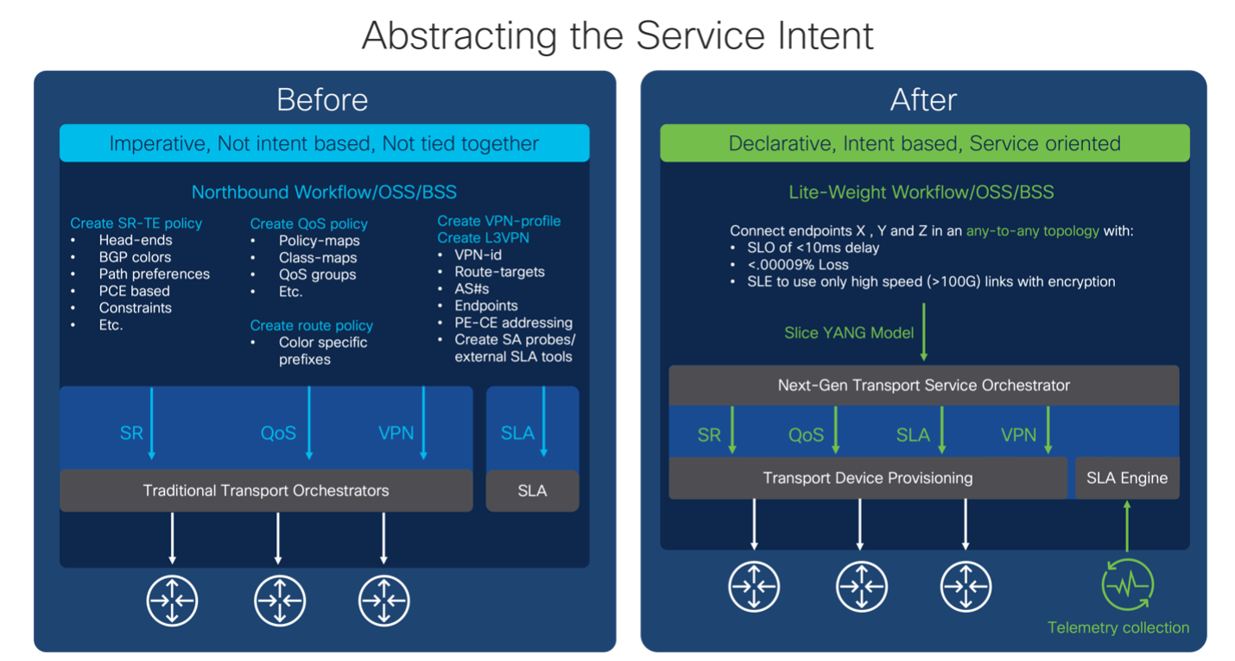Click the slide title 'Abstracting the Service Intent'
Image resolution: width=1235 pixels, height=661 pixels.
coord(617,36)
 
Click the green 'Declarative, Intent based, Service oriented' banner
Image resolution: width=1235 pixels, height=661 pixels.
coord(924,143)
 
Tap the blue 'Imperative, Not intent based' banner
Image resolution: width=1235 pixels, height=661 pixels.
coord(324,143)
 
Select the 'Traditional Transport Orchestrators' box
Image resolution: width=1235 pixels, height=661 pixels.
coord(266,490)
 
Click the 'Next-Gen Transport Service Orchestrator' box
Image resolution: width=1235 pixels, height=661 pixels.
coord(923,385)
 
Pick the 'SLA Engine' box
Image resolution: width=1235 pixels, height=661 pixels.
coord(1127,478)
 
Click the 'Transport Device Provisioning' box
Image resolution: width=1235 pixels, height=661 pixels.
coord(867,478)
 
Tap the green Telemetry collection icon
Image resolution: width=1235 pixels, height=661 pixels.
coord(1127,585)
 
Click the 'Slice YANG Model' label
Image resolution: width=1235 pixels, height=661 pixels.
coord(848,332)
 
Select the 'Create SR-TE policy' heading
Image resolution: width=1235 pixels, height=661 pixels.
coord(136,223)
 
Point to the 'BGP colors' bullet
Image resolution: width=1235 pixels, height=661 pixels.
coord(135,257)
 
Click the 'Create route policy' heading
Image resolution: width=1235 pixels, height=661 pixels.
coord(311,325)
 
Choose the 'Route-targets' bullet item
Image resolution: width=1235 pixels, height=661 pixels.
coord(500,272)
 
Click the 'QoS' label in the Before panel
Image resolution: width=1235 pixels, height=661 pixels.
coord(278,433)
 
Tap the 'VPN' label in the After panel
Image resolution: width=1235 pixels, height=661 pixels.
coord(1018,435)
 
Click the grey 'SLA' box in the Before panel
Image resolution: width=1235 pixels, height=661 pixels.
coord(532,490)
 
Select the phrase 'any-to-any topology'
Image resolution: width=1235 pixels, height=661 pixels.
coord(1032,230)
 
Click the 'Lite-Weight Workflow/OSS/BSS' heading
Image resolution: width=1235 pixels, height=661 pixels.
coord(921,192)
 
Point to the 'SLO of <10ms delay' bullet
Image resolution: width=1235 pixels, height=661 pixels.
coord(808,248)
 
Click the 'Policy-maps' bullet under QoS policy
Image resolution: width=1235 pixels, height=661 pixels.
coord(319,241)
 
